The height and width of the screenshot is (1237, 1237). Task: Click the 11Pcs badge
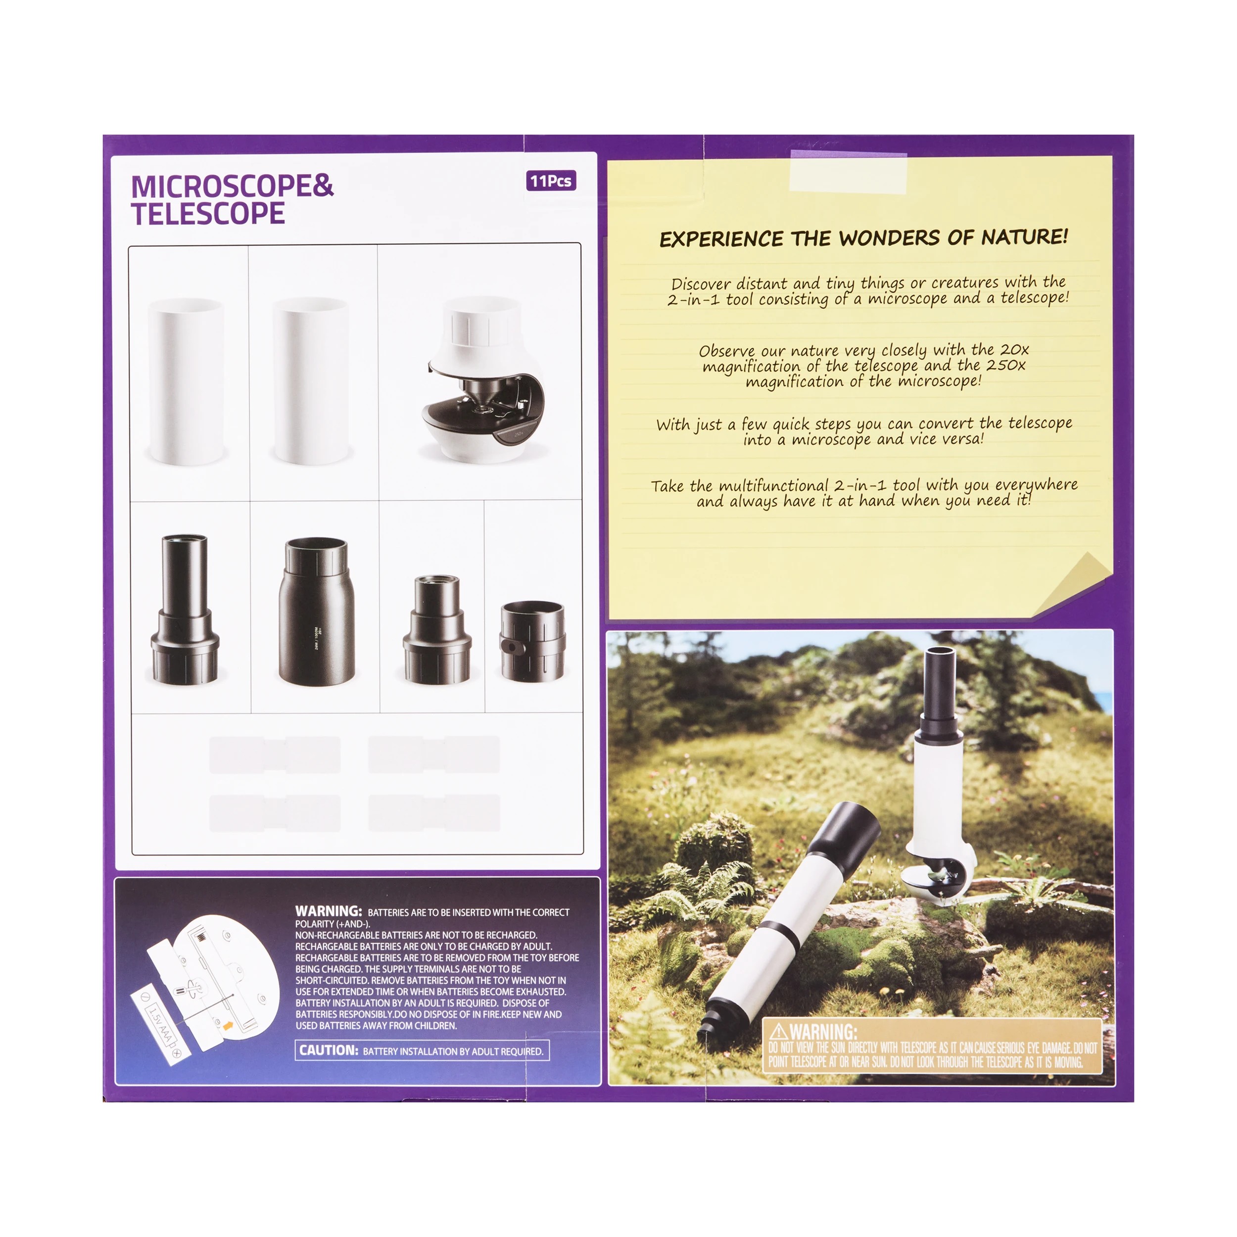[551, 181]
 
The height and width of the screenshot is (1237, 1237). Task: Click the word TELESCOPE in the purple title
[208, 214]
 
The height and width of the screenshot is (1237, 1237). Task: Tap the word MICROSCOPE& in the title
[232, 187]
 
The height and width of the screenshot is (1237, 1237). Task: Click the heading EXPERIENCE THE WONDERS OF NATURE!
[864, 238]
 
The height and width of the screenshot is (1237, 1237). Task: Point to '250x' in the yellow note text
[1006, 366]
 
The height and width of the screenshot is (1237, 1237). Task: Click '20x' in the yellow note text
[1015, 350]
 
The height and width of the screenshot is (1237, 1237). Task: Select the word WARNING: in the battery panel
[329, 910]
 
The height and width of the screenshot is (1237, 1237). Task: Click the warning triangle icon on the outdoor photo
[778, 1032]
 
